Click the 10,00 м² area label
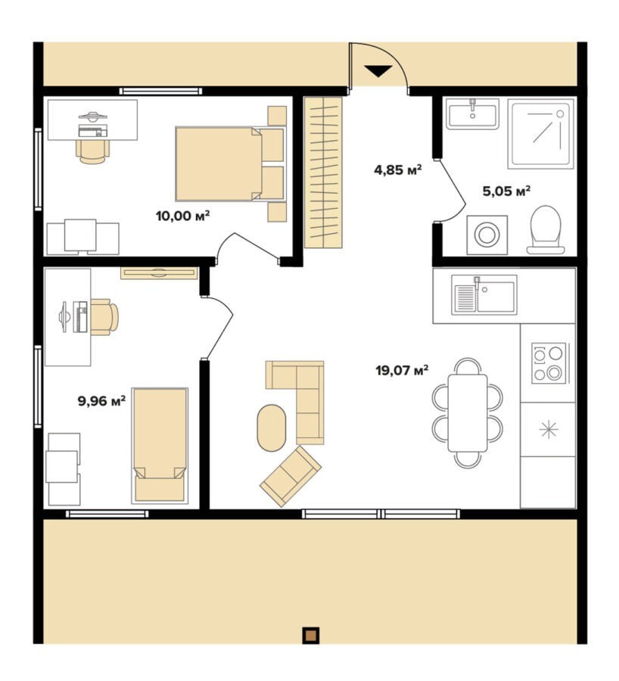[183, 216]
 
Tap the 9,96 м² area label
[101, 400]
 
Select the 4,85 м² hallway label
[398, 169]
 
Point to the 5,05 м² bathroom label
[506, 191]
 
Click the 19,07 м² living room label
[402, 370]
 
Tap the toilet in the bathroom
[546, 230]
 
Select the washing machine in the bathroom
[487, 235]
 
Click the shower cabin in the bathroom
[541, 133]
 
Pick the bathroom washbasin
[473, 113]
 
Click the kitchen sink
[484, 294]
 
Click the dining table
[468, 413]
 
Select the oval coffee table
[272, 428]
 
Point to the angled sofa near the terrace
[291, 476]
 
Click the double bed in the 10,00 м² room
[230, 163]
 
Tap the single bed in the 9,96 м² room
[160, 445]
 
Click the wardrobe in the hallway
[323, 173]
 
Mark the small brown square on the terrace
[310, 635]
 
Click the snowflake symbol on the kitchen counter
[549, 430]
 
